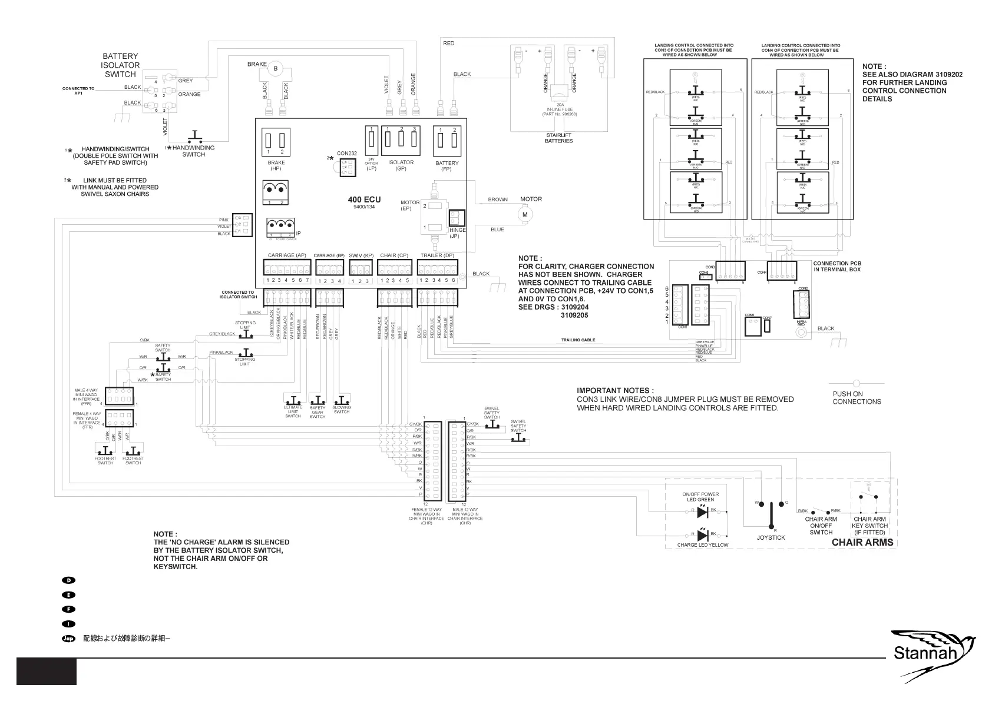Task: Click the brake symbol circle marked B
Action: pos(275,69)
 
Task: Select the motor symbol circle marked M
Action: pos(525,215)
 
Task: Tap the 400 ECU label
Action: pos(364,200)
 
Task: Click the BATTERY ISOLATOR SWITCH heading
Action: pos(120,65)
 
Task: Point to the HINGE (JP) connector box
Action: pos(457,218)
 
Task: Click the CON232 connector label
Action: pos(347,154)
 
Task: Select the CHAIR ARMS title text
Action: pos(862,542)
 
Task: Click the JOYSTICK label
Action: pos(771,537)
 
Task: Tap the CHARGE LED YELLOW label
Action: pos(702,545)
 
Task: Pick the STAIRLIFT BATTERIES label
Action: pos(558,138)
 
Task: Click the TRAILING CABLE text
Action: pos(578,340)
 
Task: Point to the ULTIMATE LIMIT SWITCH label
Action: pos(293,411)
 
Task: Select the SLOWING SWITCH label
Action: pos(342,410)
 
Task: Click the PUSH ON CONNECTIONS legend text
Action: pos(857,398)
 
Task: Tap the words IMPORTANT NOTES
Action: pos(614,390)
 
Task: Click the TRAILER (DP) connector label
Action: pos(437,255)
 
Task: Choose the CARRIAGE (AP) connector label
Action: pos(286,255)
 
